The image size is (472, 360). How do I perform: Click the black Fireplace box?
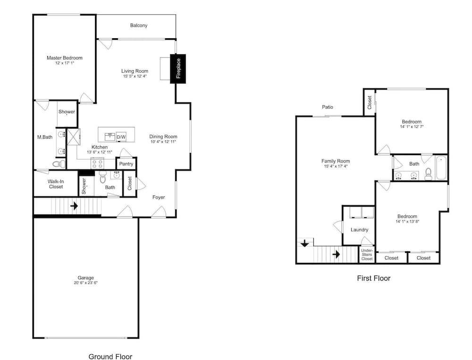coord(178,68)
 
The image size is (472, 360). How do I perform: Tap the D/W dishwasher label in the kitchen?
coord(121,137)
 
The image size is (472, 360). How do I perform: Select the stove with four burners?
coord(97,163)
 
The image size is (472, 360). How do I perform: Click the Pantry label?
coord(126,164)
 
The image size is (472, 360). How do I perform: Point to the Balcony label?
coord(139,25)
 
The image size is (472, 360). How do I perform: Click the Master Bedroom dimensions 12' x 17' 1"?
coord(64,63)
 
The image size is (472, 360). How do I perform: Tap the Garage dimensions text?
coord(86,283)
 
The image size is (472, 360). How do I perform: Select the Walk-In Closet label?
coord(56,184)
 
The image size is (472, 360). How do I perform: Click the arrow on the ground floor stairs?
coord(74,206)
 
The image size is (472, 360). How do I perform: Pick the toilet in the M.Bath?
coord(59,164)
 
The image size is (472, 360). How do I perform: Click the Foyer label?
coord(159,197)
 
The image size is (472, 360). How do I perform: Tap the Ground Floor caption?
coord(110,356)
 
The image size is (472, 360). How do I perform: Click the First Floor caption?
coord(373,278)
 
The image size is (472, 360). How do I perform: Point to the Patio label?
coord(328,107)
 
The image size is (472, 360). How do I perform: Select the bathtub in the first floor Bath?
coord(441,167)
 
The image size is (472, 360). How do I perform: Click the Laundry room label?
coord(359,230)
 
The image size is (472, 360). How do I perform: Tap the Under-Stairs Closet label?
coord(367,255)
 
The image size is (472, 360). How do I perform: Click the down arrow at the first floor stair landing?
coord(304,243)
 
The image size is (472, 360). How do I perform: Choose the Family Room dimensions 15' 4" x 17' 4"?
coord(336,166)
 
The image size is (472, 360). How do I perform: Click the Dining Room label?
coord(163,136)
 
